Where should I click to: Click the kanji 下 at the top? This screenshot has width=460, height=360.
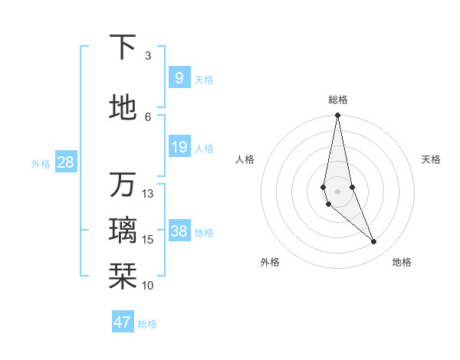coord(123,48)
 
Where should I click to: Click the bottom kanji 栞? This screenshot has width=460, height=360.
coord(123,274)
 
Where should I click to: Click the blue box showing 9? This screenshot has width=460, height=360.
coord(179,77)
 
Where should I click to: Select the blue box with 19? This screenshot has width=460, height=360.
coord(179,147)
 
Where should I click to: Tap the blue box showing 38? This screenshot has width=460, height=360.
coord(179,231)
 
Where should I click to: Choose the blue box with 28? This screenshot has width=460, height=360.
coord(65,162)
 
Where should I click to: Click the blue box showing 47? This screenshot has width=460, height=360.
coord(123,322)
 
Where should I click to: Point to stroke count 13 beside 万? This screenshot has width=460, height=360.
coord(148,194)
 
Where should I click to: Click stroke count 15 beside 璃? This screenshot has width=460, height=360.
coord(148,240)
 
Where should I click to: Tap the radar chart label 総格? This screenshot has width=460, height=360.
coord(338,100)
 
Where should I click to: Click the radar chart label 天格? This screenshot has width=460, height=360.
coord(432,159)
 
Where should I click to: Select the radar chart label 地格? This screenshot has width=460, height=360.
coord(402,262)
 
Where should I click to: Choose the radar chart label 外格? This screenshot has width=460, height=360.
coord(270,262)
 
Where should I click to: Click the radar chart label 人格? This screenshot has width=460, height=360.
coord(245,159)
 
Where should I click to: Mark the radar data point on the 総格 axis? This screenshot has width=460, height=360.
coord(337,116)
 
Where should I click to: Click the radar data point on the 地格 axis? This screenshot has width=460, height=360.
coord(374,242)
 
